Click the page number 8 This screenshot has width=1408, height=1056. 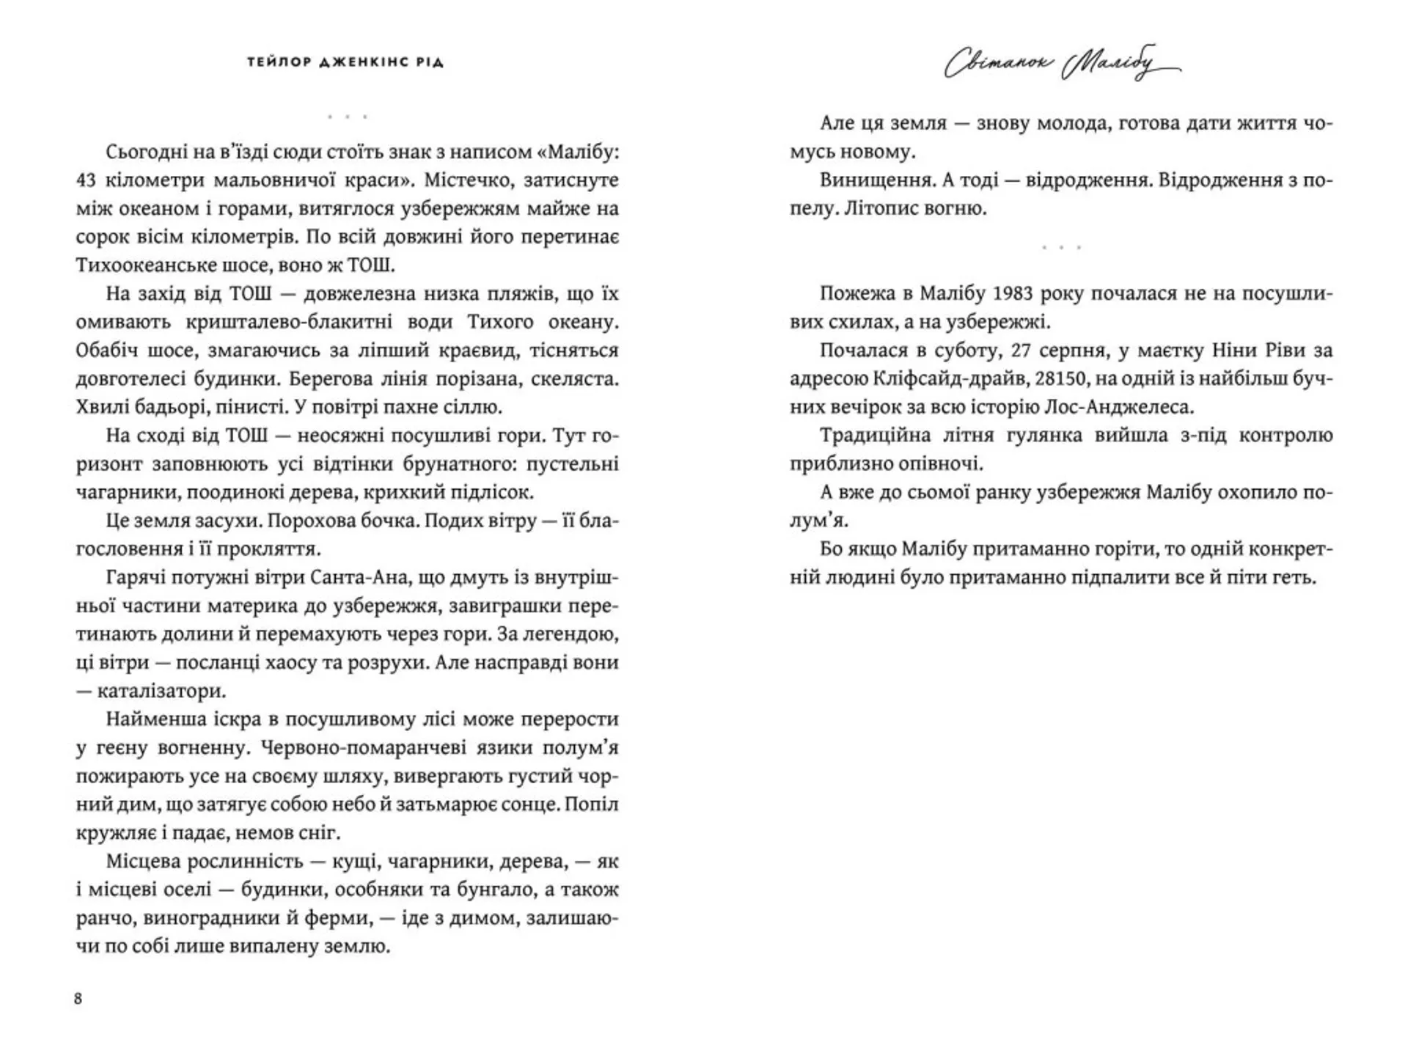click(78, 999)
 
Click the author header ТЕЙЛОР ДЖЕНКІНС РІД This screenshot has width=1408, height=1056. click(345, 62)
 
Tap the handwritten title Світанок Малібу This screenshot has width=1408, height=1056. click(1061, 64)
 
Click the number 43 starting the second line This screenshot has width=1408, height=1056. click(87, 180)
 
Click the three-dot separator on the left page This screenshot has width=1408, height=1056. click(347, 117)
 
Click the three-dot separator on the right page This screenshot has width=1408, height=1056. click(1061, 248)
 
